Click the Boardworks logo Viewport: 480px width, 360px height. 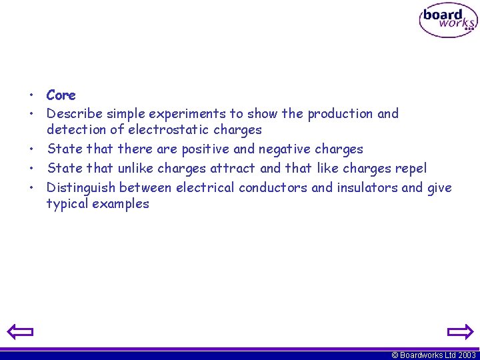[x=448, y=21]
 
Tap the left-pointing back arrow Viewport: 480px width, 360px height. [x=20, y=331]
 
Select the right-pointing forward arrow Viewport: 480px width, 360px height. [x=459, y=331]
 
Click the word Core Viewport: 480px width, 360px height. [x=61, y=95]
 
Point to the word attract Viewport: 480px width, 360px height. [x=233, y=169]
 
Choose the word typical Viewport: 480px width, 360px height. [x=67, y=205]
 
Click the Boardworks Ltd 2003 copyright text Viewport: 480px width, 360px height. [x=433, y=355]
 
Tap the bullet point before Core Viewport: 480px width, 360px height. [x=31, y=96]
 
